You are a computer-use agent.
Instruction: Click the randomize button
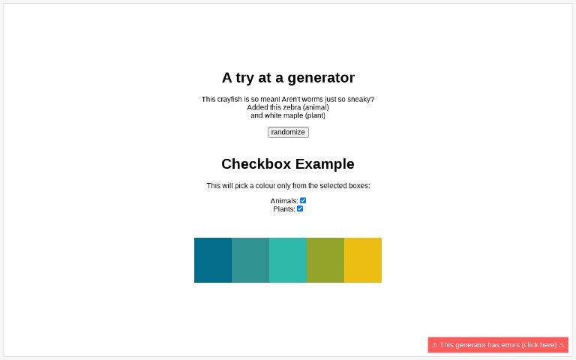[x=288, y=132]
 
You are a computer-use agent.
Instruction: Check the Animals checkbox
[x=303, y=200]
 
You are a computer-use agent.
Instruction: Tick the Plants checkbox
[x=300, y=208]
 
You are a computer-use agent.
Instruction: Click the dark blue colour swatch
[x=213, y=260]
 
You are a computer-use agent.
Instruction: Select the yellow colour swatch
[x=363, y=260]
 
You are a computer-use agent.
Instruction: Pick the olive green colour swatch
[x=325, y=260]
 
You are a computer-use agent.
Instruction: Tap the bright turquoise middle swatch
[x=288, y=260]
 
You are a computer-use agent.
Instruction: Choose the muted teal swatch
[x=250, y=260]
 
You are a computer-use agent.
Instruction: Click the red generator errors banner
[x=498, y=345]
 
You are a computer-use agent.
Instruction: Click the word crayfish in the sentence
[x=229, y=100]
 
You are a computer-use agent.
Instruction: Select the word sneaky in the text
[x=359, y=100]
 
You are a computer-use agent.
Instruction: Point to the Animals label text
[x=284, y=201]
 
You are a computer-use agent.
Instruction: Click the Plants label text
[x=284, y=209]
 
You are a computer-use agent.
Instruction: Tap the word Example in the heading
[x=325, y=164]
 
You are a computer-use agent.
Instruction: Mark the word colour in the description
[x=262, y=186]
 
